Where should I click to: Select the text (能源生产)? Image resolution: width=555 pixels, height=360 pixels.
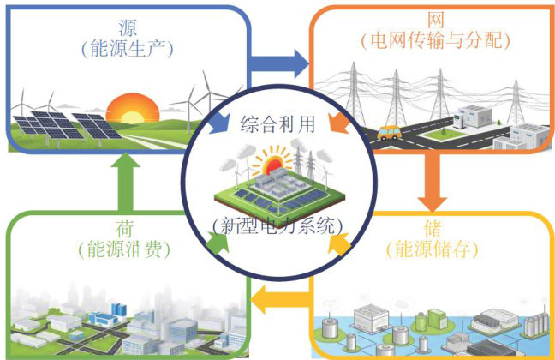131,48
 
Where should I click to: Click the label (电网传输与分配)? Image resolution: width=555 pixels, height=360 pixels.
436,40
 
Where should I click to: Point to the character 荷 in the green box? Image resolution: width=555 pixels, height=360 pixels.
120,230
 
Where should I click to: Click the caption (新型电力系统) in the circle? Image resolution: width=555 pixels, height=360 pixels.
277,226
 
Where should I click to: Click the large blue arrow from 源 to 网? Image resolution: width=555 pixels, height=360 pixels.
279,62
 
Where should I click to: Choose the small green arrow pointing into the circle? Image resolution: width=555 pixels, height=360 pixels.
220,246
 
